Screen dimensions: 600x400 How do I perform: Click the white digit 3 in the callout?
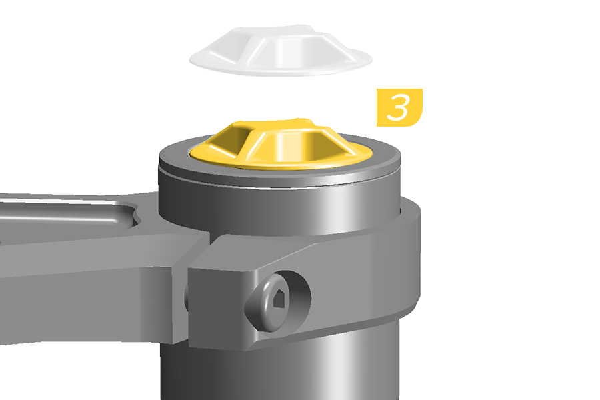pos(399,107)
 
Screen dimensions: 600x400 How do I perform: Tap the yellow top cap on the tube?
pos(281,145)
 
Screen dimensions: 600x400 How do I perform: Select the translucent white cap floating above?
pos(281,51)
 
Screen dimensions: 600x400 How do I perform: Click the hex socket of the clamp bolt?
pos(279,298)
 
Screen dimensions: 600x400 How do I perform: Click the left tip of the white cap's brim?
pos(190,60)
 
